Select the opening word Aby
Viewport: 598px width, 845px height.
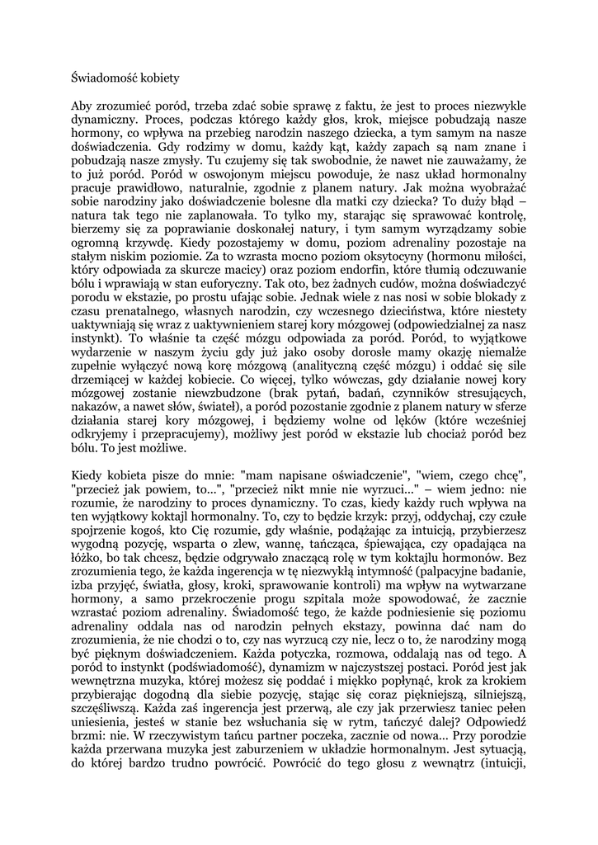click(83, 106)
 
